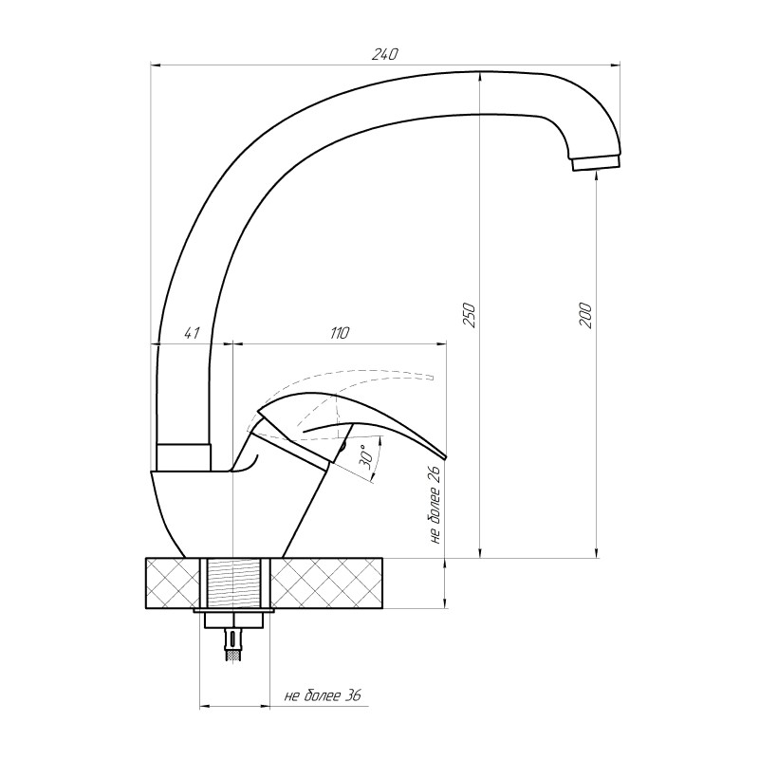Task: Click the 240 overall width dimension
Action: coord(384,54)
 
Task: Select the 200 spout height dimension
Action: coord(585,315)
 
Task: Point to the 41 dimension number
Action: coord(192,333)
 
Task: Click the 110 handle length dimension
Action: coord(340,333)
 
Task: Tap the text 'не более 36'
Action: coord(323,696)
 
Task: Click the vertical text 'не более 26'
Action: coord(435,505)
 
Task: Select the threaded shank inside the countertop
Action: coord(234,583)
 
